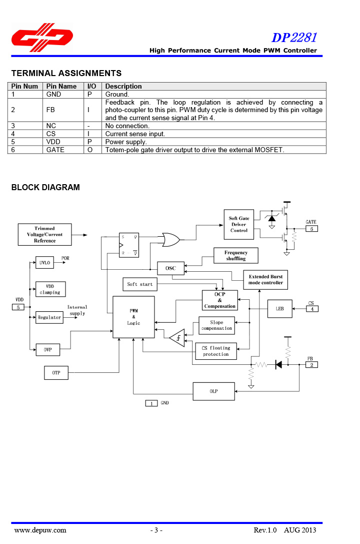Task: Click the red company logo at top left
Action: click(x=42, y=38)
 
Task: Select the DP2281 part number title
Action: click(x=294, y=38)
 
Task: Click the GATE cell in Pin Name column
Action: click(x=55, y=150)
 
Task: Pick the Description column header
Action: click(x=123, y=86)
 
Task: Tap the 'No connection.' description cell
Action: click(x=127, y=126)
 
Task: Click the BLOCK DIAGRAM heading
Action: click(x=45, y=188)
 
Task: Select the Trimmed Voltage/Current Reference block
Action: click(x=44, y=235)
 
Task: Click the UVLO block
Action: click(x=44, y=263)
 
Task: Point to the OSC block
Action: click(x=170, y=268)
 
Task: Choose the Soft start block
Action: click(x=140, y=284)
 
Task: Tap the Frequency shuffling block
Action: click(x=235, y=256)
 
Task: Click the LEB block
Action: click(x=280, y=309)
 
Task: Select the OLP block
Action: click(x=213, y=391)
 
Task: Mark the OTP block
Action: click(x=56, y=373)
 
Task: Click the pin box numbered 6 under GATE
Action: click(x=311, y=229)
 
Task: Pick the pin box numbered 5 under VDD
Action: click(x=18, y=307)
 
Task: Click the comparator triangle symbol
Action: click(x=177, y=339)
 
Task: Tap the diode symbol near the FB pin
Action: click(x=278, y=365)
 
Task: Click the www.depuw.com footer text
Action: click(x=40, y=530)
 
